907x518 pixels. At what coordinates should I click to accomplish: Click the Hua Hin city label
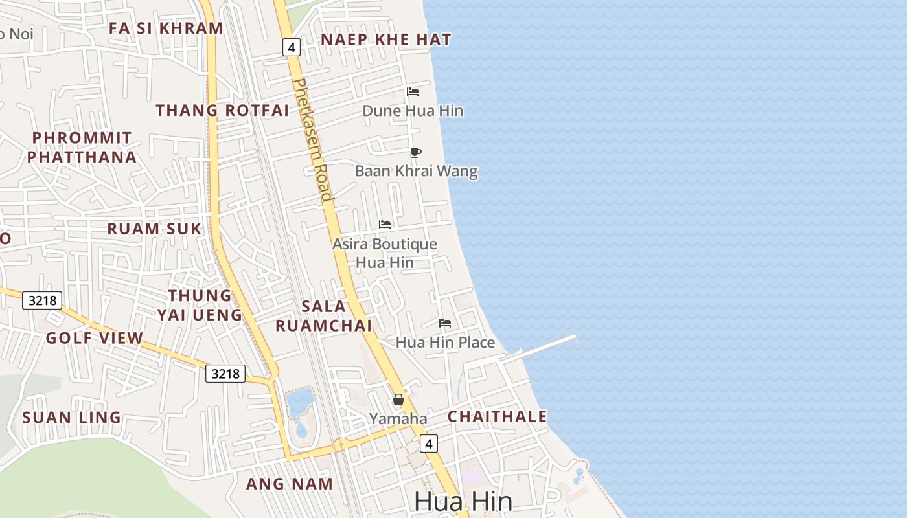(x=463, y=501)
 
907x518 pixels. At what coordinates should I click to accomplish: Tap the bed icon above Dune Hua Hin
(x=413, y=92)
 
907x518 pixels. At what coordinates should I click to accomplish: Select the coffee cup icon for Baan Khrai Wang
(x=415, y=153)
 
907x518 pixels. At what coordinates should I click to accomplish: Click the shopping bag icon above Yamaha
(x=398, y=400)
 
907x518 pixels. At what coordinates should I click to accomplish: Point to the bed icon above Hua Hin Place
(x=445, y=323)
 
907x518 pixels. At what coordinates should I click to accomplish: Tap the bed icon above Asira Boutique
(x=385, y=225)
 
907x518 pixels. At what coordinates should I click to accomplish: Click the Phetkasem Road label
(x=313, y=139)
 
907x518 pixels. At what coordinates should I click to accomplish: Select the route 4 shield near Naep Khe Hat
(x=292, y=47)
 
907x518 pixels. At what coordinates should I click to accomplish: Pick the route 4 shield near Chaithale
(x=428, y=444)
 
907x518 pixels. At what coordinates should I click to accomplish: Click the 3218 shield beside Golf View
(x=42, y=300)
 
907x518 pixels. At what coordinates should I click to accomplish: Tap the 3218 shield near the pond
(x=225, y=374)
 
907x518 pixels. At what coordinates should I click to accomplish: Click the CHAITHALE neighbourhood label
(x=498, y=416)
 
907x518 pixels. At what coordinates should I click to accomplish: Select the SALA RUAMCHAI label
(x=324, y=315)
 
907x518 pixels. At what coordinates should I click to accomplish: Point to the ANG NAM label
(x=290, y=484)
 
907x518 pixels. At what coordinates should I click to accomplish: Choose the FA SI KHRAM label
(x=166, y=28)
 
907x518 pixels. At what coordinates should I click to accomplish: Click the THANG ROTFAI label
(x=222, y=110)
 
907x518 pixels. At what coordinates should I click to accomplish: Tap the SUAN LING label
(x=72, y=418)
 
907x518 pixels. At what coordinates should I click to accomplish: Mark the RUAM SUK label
(x=154, y=229)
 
